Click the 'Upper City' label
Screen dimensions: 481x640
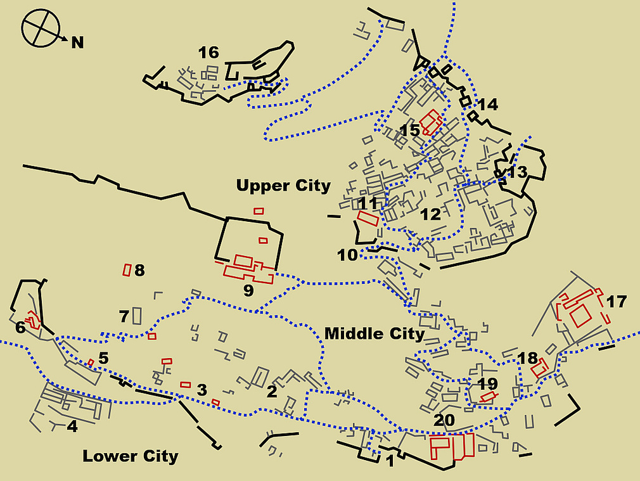click(x=283, y=186)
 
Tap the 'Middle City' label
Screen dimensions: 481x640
click(x=374, y=333)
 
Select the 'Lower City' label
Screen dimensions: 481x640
click(x=131, y=456)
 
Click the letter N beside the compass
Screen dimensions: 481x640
click(x=77, y=42)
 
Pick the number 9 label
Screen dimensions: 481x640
click(x=248, y=291)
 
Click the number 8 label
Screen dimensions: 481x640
click(x=139, y=271)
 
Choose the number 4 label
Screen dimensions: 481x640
click(x=72, y=426)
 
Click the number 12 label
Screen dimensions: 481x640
click(x=430, y=214)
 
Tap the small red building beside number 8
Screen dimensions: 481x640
click(x=127, y=270)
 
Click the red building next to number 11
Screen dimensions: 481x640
click(x=368, y=219)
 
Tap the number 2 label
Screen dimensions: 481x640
click(x=272, y=391)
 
